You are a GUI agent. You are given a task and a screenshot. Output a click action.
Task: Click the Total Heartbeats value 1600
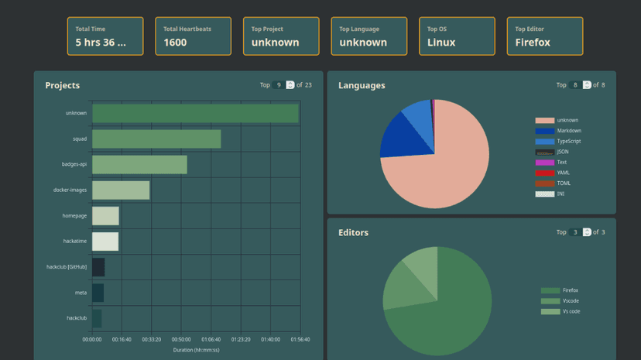point(175,43)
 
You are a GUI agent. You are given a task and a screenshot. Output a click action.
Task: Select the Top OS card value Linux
point(441,43)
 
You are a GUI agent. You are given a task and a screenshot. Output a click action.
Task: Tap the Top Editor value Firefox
point(533,43)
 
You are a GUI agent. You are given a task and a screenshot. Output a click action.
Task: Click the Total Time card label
point(90,29)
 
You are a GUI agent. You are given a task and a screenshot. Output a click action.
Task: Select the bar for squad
point(156,139)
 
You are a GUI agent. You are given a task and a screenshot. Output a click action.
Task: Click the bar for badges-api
point(139,164)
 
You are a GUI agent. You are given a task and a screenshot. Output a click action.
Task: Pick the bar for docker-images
point(121,190)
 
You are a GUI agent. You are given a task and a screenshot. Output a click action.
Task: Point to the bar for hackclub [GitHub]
point(98,267)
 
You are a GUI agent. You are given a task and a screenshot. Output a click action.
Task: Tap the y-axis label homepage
point(74,216)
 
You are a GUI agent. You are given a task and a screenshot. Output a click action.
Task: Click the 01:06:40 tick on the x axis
point(211,340)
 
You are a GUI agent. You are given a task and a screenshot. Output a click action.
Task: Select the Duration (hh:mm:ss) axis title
point(195,350)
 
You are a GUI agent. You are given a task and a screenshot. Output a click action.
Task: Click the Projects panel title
point(62,85)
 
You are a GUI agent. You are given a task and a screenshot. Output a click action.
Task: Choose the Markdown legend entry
point(568,131)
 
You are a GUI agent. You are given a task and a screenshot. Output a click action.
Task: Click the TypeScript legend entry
point(568,142)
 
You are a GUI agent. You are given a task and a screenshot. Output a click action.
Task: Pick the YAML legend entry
point(563,173)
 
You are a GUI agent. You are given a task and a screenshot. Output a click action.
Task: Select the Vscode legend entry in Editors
point(570,301)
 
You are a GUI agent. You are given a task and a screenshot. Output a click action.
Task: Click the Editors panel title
point(353,232)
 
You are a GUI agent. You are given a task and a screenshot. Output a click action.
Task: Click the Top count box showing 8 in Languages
point(575,85)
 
